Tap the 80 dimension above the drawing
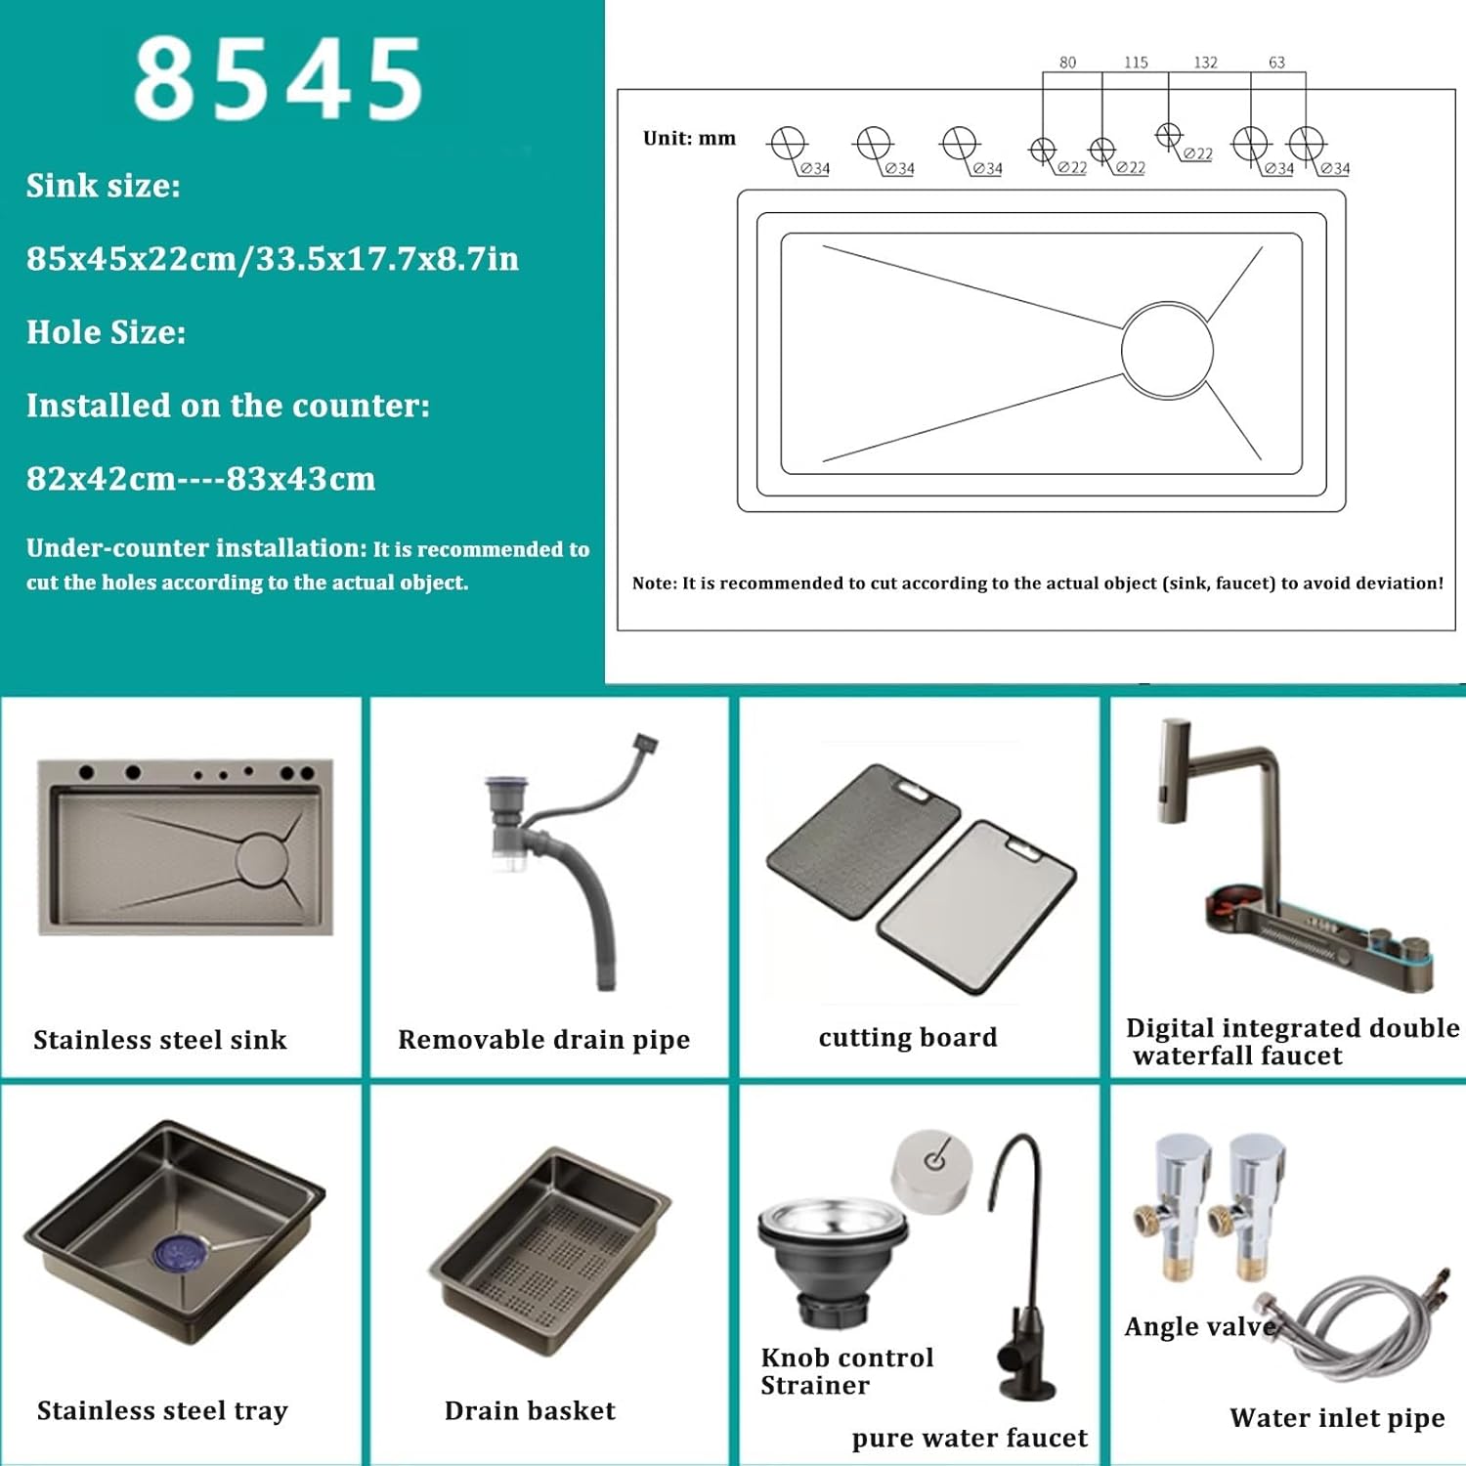1067,63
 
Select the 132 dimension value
1205,63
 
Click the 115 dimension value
1136,63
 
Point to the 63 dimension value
1276,63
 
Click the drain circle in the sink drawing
1167,350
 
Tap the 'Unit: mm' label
689,139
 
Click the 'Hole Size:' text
106,332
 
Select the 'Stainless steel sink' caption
160,1040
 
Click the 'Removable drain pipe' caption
543,1040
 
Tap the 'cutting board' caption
908,1037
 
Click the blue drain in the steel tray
180,1252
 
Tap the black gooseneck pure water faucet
1021,1271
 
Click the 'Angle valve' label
1200,1326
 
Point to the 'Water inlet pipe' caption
1336,1418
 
